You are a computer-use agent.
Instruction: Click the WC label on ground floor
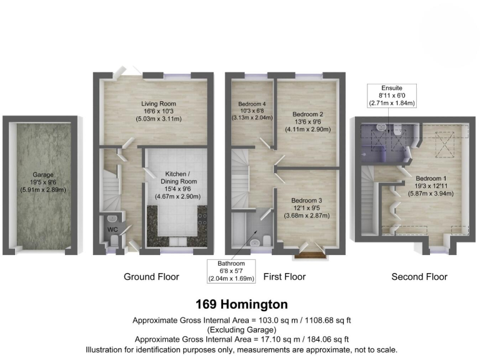(x=113, y=230)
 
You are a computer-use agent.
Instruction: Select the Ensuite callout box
(x=392, y=96)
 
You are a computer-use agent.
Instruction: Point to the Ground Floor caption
(x=151, y=277)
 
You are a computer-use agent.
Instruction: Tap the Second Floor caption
(x=419, y=277)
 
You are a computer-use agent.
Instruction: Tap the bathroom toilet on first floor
(x=264, y=241)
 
